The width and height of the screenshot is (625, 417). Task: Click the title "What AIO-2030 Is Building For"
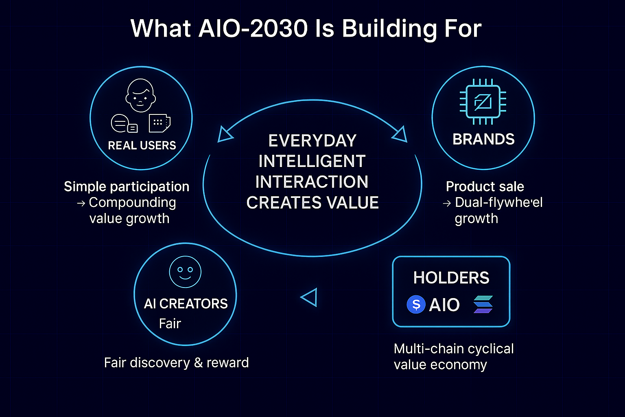306,29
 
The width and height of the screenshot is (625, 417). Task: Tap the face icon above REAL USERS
140,96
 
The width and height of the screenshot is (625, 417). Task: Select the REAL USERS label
142,145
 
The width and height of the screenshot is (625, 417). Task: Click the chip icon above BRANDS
483,101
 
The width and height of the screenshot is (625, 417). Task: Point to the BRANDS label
483,139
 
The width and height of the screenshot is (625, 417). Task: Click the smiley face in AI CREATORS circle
185,272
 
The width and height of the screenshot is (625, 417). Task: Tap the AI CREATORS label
186,304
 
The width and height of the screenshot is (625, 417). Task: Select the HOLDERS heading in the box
451,278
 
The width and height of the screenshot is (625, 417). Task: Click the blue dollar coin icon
416,304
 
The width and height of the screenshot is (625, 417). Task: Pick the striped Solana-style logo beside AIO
483,305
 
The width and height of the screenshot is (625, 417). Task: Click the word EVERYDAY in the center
312,141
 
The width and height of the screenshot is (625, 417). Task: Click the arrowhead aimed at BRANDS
400,134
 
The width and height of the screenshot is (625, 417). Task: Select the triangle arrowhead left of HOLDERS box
309,297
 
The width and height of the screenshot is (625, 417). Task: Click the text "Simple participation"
127,187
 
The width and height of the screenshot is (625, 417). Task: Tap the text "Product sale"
485,187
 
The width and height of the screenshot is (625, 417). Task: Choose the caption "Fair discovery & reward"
176,362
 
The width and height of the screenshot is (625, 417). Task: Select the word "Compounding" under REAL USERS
132,202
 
